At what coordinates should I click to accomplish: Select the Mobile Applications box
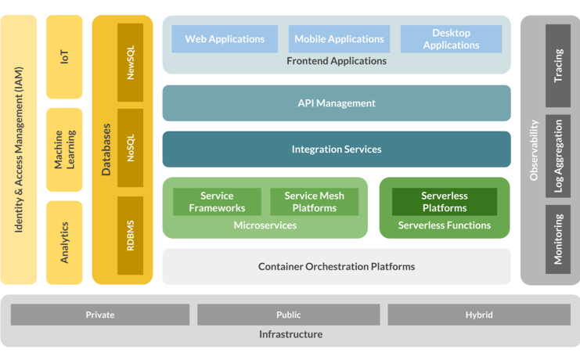click(x=339, y=39)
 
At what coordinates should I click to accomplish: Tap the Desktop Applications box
click(x=451, y=39)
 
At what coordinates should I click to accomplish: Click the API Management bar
click(x=337, y=103)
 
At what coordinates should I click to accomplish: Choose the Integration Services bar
click(x=337, y=149)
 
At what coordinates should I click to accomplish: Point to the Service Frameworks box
click(x=217, y=202)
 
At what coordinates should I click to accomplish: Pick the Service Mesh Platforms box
click(x=314, y=202)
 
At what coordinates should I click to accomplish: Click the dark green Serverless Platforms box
click(x=444, y=202)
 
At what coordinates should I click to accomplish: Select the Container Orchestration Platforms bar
click(x=337, y=267)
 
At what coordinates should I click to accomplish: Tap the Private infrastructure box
click(x=100, y=315)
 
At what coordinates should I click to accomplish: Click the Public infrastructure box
click(x=288, y=315)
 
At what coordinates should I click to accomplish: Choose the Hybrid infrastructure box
click(x=479, y=315)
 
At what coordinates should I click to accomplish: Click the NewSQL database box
click(x=131, y=63)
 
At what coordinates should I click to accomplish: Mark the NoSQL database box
click(x=131, y=148)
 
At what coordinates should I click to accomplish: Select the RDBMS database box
click(x=131, y=235)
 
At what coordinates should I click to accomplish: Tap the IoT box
click(x=64, y=56)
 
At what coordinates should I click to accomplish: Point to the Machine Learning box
click(x=64, y=149)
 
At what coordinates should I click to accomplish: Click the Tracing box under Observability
click(x=558, y=66)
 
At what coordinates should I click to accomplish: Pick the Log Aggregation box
click(x=558, y=157)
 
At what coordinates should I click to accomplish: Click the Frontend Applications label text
click(x=337, y=61)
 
